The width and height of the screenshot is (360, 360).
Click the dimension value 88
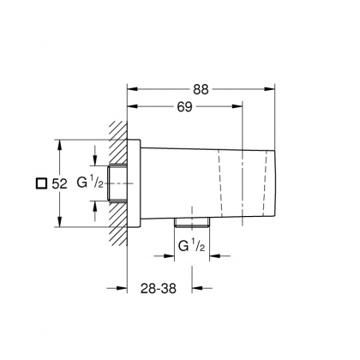pyautogui.click(x=201, y=89)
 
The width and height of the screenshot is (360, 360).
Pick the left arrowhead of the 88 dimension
pyautogui.click(x=132, y=88)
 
